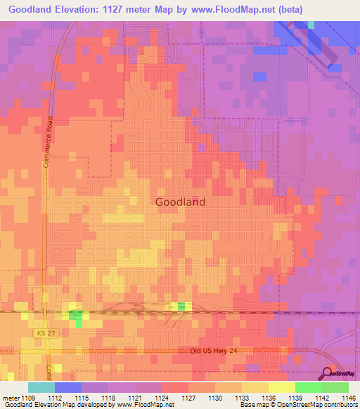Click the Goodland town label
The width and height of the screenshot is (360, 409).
(179, 202)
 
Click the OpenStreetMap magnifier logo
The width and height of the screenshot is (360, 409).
(328, 374)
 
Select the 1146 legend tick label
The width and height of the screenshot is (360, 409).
(347, 398)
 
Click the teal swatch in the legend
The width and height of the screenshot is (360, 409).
(41, 387)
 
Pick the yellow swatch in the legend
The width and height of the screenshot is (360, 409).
(281, 387)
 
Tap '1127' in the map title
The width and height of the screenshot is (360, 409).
(125, 9)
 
